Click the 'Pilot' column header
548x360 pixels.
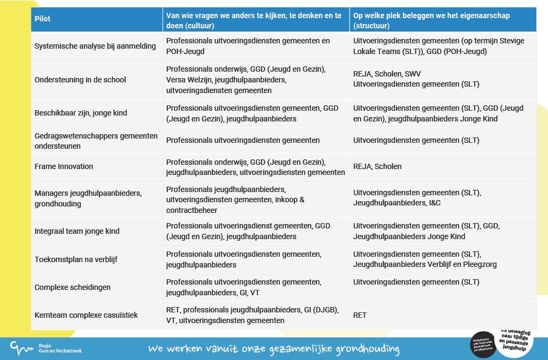43,19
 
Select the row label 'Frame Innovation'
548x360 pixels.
64,166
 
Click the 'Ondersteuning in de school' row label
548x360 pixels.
80,80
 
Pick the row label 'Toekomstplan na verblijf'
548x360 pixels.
76,259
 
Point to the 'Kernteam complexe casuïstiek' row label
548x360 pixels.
86,315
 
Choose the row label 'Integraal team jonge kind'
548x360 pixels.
77,231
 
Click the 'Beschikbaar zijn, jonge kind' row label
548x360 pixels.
81,113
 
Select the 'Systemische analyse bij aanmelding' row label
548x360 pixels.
95,46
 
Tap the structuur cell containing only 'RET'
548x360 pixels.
360,315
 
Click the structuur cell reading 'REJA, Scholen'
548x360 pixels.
377,166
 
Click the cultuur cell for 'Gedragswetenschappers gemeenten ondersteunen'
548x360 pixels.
243,140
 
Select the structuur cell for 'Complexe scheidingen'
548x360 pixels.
416,282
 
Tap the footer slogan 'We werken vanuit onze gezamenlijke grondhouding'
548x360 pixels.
274,349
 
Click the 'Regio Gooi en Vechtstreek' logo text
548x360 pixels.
60,349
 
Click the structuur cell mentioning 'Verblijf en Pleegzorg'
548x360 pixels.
425,259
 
